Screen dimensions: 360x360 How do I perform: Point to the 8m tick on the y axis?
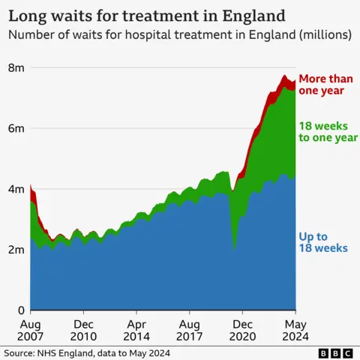pos(16,68)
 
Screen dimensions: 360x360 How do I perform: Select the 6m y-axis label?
pos(16,128)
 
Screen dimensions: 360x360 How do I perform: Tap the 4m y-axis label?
pos(16,189)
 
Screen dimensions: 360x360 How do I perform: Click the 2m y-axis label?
pos(16,250)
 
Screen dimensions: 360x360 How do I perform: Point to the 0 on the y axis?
pos(20,310)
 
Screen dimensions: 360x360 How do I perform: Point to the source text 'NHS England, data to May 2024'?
pos(87,352)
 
